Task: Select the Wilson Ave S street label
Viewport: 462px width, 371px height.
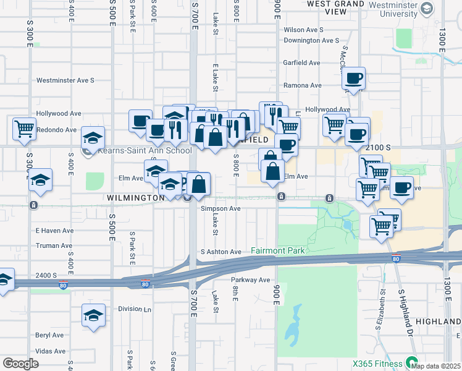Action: pos(304,30)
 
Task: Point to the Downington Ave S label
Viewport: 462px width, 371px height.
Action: pos(311,41)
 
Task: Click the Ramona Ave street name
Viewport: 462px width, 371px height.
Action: pos(302,85)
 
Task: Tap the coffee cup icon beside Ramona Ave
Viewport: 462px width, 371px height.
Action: pos(354,79)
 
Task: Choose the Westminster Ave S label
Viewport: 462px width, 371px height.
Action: pos(65,80)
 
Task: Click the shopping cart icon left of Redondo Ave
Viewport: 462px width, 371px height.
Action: pos(24,129)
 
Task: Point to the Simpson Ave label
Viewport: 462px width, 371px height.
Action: pos(220,209)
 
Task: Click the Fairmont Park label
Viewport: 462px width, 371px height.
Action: pos(277,251)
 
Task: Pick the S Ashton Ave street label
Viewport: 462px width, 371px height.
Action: pos(220,252)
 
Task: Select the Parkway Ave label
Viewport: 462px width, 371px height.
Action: pos(251,280)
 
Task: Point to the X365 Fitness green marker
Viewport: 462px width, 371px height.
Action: pos(411,364)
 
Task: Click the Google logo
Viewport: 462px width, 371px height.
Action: pos(20,364)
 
